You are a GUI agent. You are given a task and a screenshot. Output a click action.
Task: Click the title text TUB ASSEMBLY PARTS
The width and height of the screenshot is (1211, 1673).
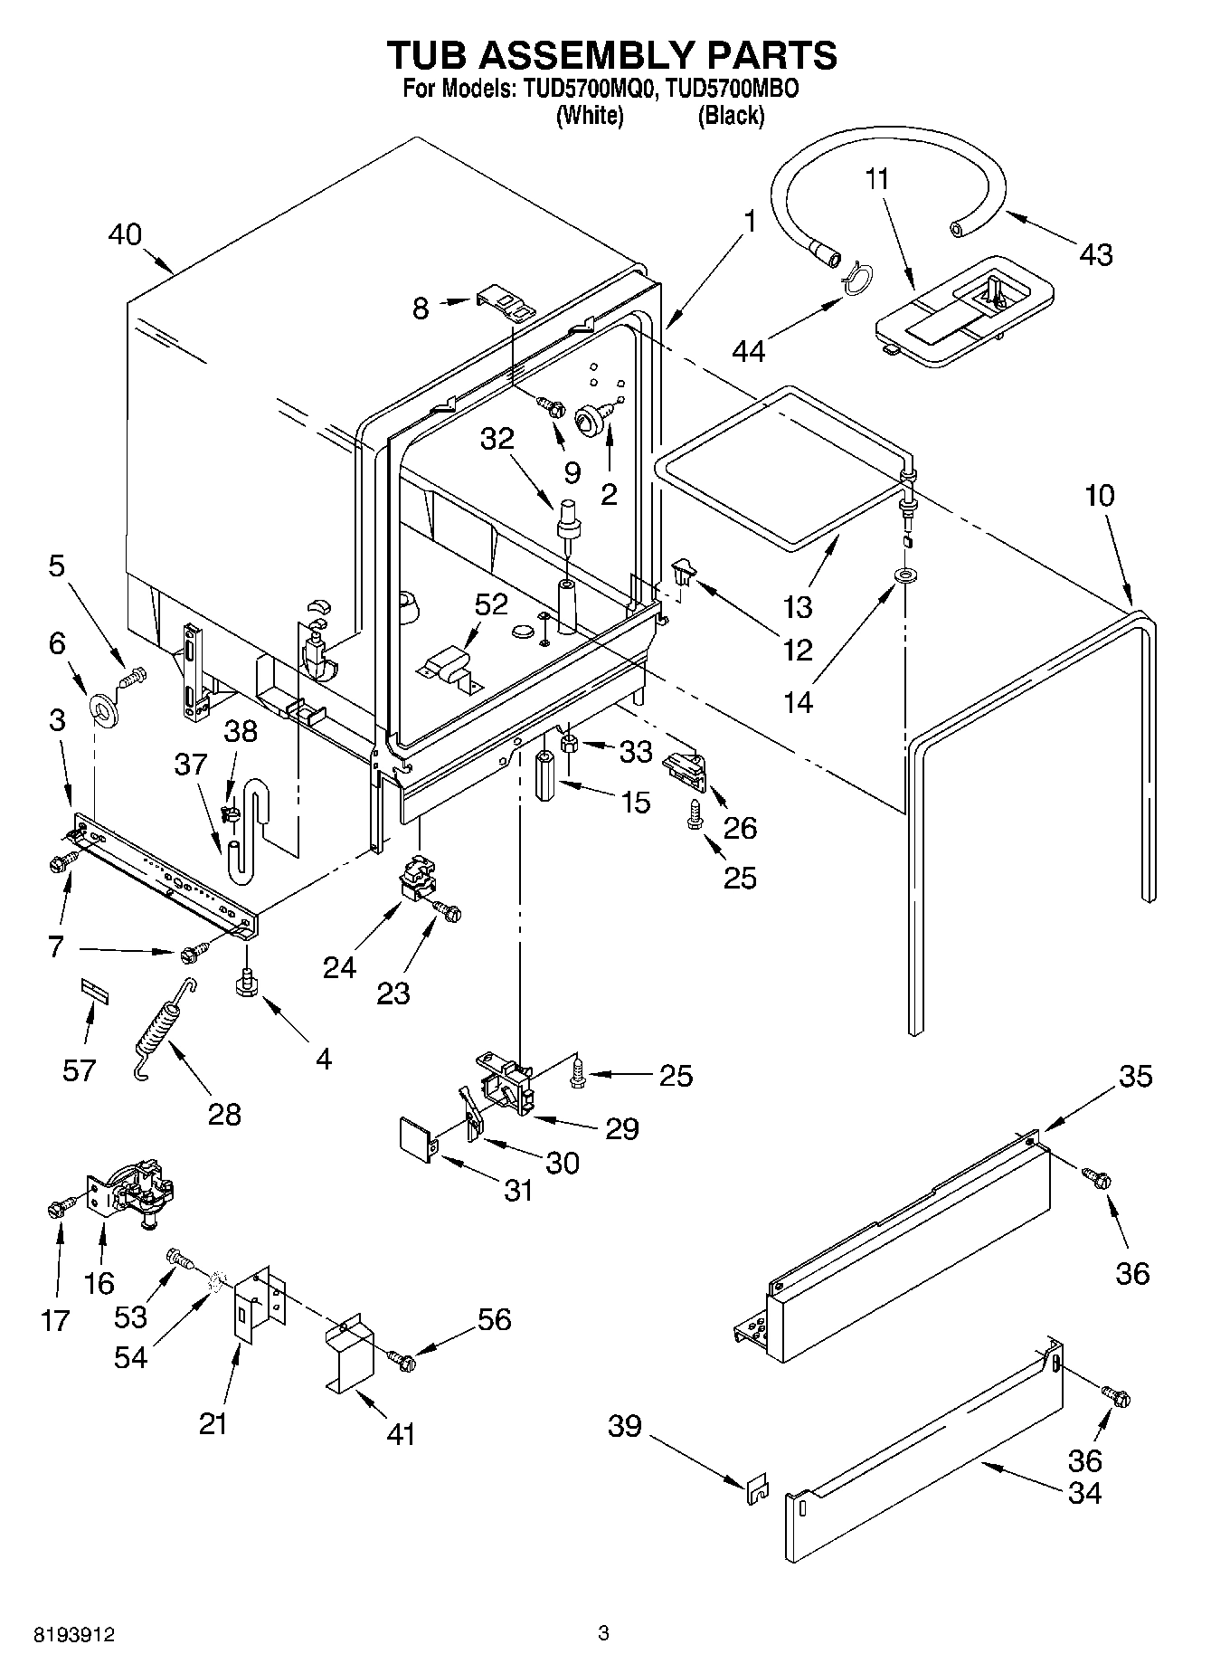point(611,55)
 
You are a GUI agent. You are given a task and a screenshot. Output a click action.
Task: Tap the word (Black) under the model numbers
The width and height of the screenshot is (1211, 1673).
point(731,116)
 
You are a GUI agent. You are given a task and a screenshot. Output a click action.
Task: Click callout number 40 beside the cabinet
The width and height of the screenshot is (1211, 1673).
point(125,234)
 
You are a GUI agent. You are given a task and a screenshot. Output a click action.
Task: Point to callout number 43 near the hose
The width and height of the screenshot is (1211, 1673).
point(1095,255)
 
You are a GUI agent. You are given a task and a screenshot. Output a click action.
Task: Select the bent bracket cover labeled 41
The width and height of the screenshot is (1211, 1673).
point(350,1353)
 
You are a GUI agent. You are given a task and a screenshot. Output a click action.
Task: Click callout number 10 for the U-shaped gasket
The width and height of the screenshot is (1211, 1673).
point(1099,497)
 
